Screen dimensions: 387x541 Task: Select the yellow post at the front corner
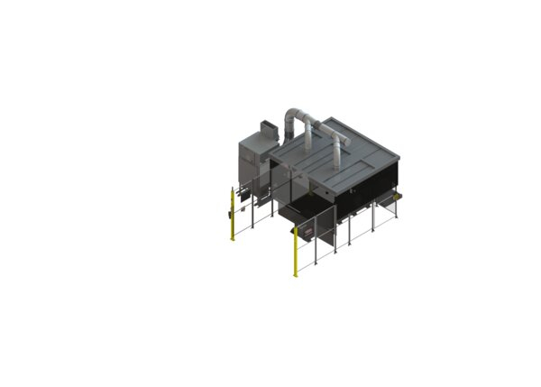(296, 253)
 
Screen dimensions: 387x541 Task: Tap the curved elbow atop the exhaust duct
(297, 116)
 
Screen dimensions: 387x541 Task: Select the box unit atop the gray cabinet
(267, 130)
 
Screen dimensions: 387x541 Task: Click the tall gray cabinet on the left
(251, 166)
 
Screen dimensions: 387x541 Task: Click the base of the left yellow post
(233, 240)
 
